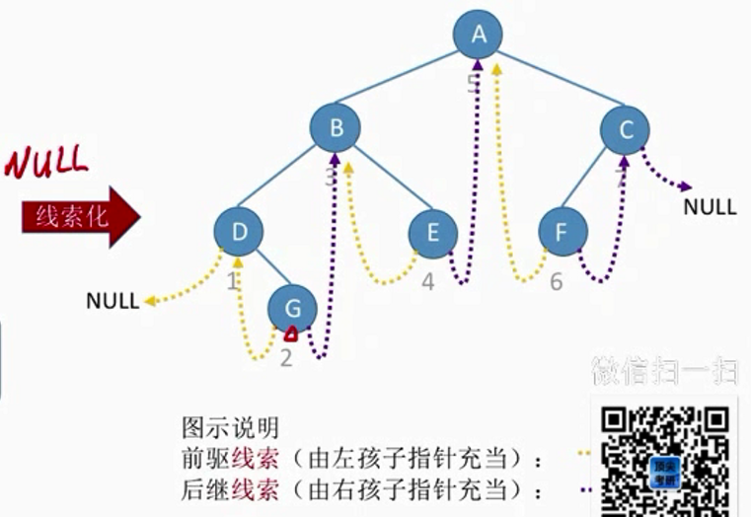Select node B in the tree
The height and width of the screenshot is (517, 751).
[x=336, y=127]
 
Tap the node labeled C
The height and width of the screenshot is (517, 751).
[x=627, y=128]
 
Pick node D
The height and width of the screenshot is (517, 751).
[x=240, y=232]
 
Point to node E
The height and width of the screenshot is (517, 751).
[x=434, y=232]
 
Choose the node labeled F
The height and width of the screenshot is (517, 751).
[x=564, y=233]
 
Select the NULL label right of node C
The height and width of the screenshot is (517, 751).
[x=710, y=207]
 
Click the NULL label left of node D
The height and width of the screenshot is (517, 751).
[x=113, y=301]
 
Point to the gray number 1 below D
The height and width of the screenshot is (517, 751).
[x=233, y=282]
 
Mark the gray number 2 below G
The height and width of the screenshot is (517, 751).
[x=286, y=358]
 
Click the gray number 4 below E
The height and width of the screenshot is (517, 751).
[x=427, y=282]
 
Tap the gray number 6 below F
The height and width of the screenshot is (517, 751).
[x=556, y=283]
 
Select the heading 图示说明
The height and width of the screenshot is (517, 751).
[x=230, y=428]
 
